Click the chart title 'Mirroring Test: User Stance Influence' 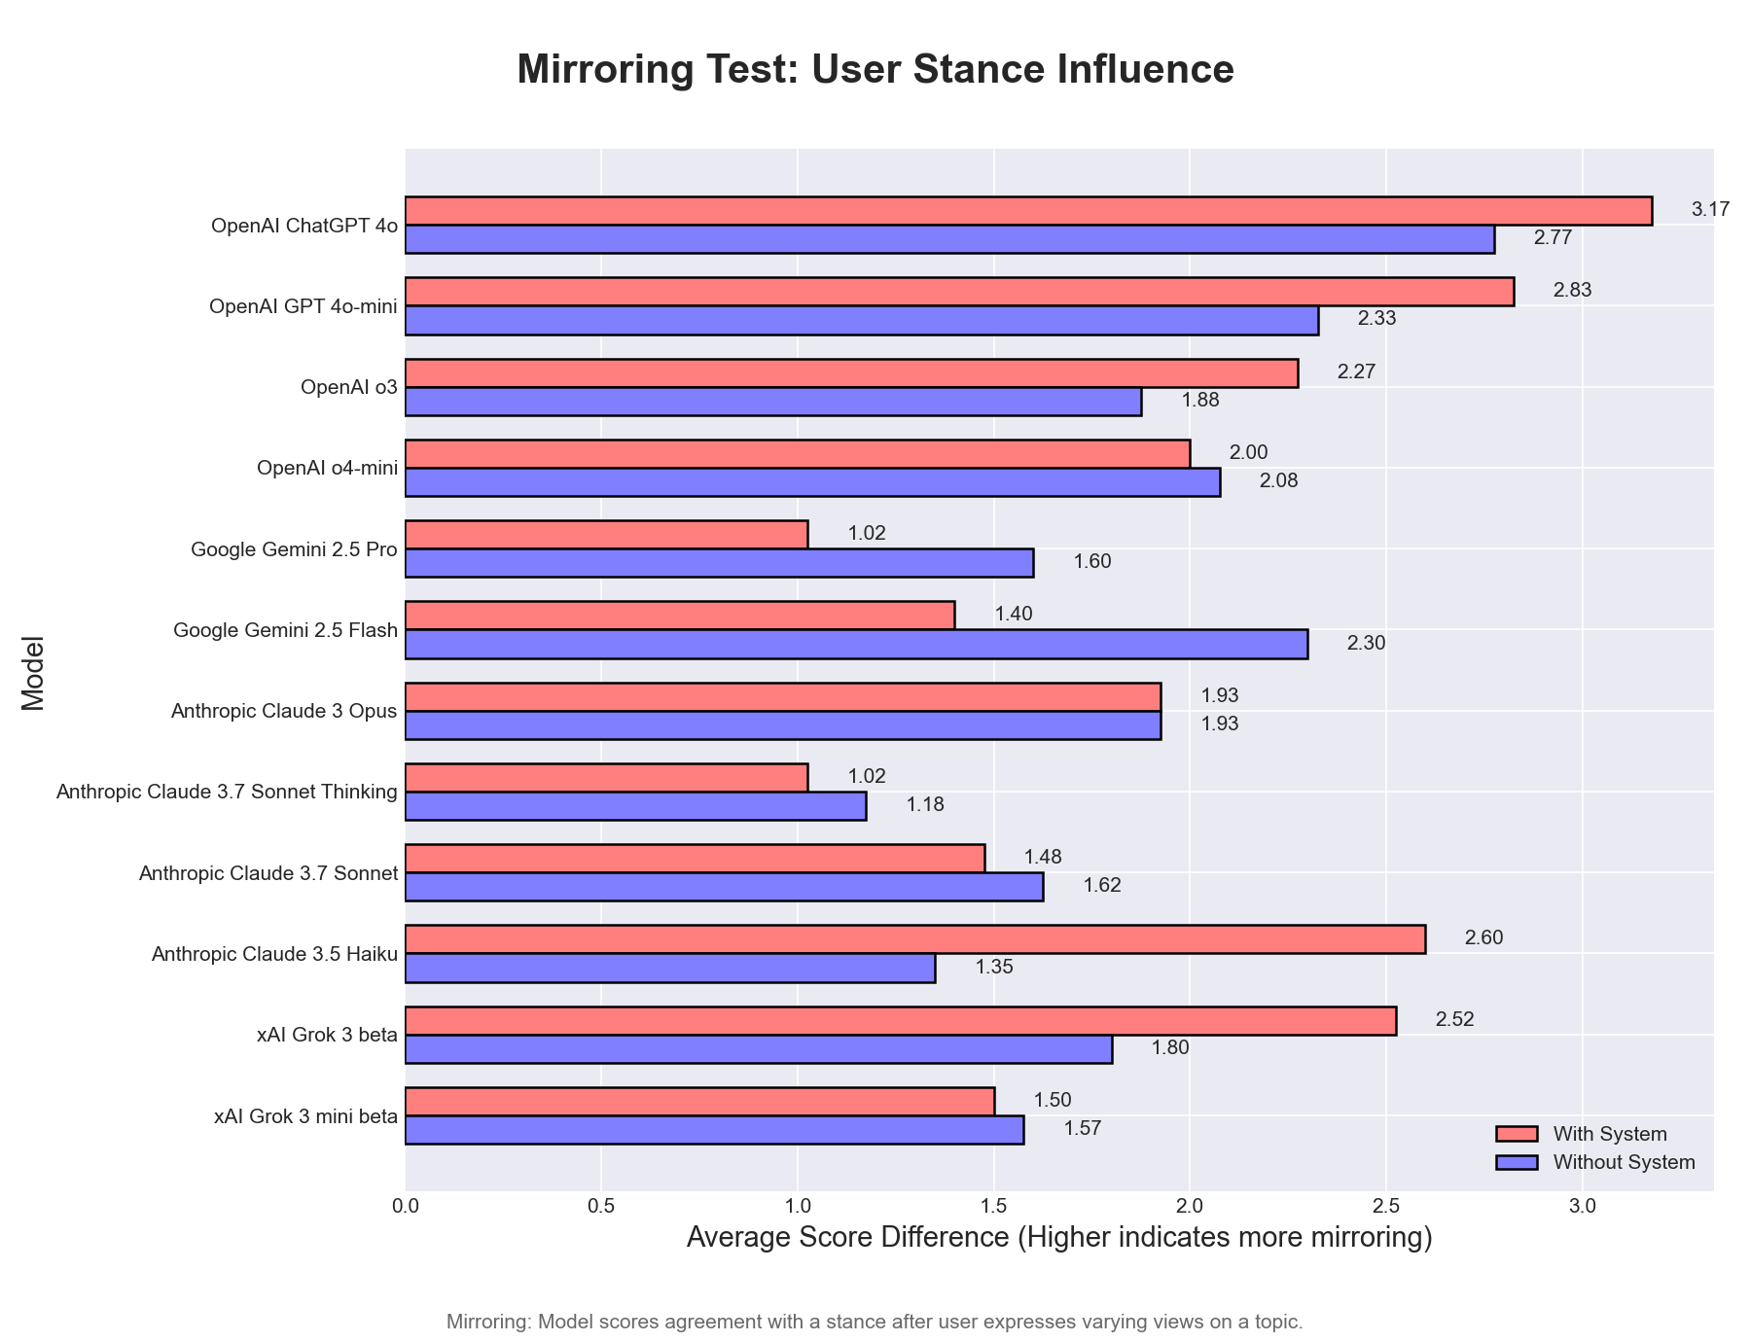[875, 70]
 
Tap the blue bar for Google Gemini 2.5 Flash [856, 644]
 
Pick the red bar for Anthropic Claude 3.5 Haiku [914, 938]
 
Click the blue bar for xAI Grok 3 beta [759, 1049]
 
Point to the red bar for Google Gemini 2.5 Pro [606, 534]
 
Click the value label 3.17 [1710, 209]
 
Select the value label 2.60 [1483, 938]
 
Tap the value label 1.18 [925, 805]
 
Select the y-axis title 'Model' [33, 673]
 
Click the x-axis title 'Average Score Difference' [1058, 1238]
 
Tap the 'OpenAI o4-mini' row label [327, 469]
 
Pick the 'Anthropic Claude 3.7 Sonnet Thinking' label [227, 793]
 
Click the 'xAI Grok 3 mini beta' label [305, 1116]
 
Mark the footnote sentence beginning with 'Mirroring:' [874, 1323]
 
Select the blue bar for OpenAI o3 [773, 401]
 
